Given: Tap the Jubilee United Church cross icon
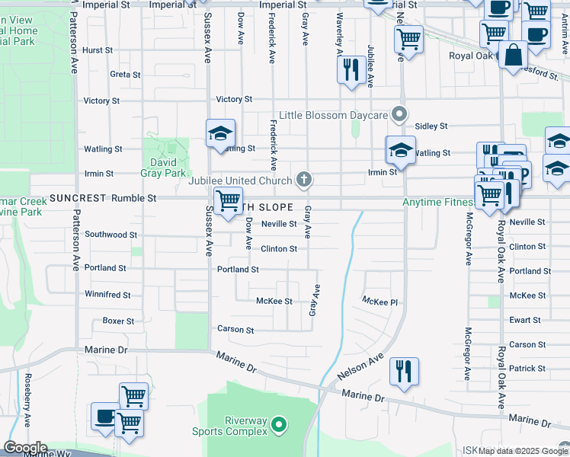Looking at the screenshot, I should tap(303, 181).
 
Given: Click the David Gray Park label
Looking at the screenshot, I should tap(165, 167).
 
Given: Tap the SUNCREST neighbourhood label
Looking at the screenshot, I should tap(78, 198).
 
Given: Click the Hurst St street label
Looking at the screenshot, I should tap(98, 50).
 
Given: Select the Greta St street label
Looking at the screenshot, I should tap(125, 75).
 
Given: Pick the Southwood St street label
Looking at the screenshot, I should tap(110, 235).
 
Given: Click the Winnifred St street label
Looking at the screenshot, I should tap(107, 294).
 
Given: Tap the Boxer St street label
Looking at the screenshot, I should tap(118, 321).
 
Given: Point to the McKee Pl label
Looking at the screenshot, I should tap(380, 302).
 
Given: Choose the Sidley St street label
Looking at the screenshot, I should tap(431, 126).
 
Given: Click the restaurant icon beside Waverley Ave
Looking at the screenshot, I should tap(349, 70).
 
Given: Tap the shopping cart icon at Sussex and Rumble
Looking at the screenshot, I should tap(228, 201).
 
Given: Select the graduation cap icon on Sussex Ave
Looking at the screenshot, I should tap(219, 133).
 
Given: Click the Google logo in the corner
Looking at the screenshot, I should tap(24, 448).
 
